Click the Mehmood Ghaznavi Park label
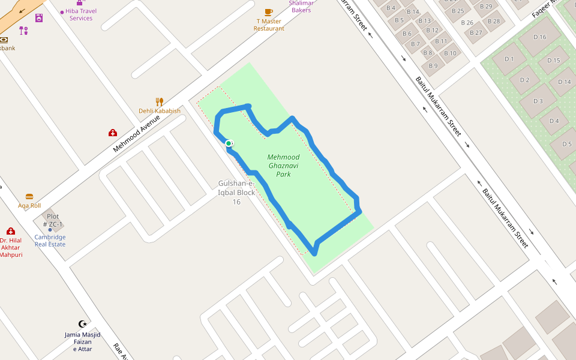283,166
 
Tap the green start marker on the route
229,143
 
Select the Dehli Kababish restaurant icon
159,102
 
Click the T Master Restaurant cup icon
269,12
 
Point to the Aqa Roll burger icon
29,197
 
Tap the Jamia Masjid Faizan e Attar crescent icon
83,324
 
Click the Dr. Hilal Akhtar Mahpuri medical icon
11,231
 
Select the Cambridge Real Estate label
50,241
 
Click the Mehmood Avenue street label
137,134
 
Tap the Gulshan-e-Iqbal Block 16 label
236,192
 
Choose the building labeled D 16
539,37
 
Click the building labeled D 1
509,59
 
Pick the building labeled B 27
476,32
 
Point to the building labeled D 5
566,144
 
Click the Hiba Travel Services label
80,14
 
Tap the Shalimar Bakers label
301,7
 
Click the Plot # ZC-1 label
53,220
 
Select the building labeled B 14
413,12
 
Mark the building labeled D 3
538,101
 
